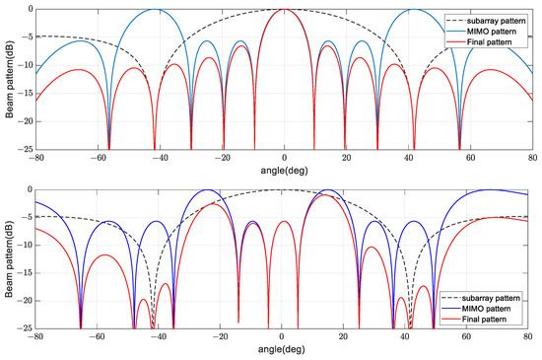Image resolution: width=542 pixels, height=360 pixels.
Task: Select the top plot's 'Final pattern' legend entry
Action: click(491, 43)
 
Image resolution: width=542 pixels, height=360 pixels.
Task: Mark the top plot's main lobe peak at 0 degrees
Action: click(284, 9)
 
